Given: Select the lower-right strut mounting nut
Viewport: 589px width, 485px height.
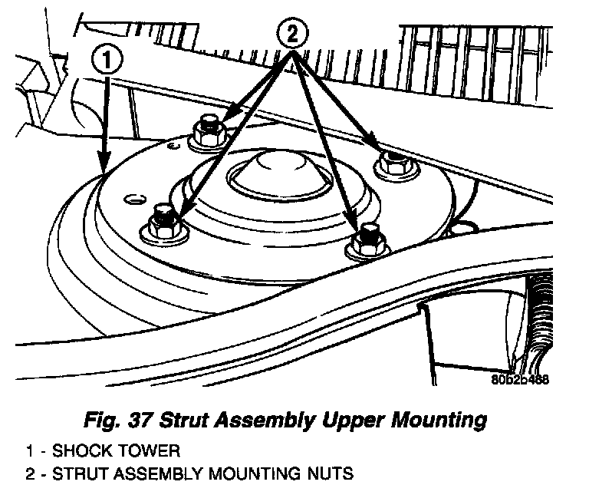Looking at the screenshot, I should (369, 239).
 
